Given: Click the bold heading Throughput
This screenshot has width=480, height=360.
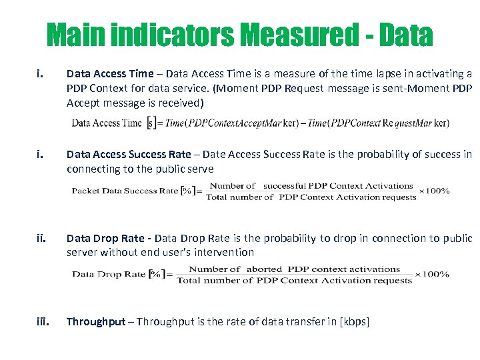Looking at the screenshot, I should click(x=96, y=322).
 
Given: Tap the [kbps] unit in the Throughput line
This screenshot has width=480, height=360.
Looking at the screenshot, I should click(x=354, y=322).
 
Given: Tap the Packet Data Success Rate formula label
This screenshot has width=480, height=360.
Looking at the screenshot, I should click(x=125, y=191).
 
